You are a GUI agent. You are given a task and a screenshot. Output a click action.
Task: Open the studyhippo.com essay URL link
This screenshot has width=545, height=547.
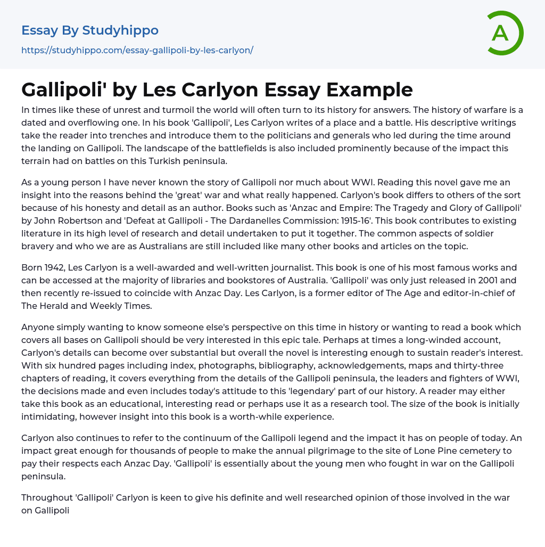137,50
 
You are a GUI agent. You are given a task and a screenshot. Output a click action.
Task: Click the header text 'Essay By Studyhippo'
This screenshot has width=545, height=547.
90,30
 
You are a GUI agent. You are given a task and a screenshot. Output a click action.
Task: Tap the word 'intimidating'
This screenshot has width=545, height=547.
45,417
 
